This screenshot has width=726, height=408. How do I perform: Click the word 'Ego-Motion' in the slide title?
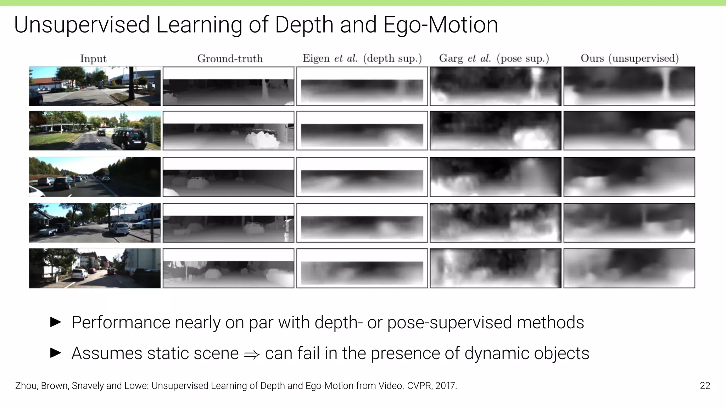pos(441,25)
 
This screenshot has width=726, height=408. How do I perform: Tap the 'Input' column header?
pos(93,58)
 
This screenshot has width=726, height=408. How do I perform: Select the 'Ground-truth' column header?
pos(230,58)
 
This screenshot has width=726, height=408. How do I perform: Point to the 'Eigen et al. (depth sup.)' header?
pos(362,58)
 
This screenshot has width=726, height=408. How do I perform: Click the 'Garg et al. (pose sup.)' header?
pos(494,58)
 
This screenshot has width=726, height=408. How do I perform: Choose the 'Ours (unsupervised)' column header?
pos(629,58)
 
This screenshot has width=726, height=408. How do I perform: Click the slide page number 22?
pos(705,386)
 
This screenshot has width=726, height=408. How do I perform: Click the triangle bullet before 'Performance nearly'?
pos(56,322)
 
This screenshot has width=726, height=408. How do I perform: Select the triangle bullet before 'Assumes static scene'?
pos(56,353)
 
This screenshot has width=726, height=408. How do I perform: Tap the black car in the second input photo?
pos(129,139)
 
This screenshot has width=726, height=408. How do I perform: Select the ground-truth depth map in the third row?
pos(228,177)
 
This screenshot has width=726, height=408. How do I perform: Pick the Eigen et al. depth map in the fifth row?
pos(362,268)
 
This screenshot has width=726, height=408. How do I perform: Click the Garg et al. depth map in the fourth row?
pos(495,223)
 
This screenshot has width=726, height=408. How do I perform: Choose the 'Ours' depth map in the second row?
pos(629,131)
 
